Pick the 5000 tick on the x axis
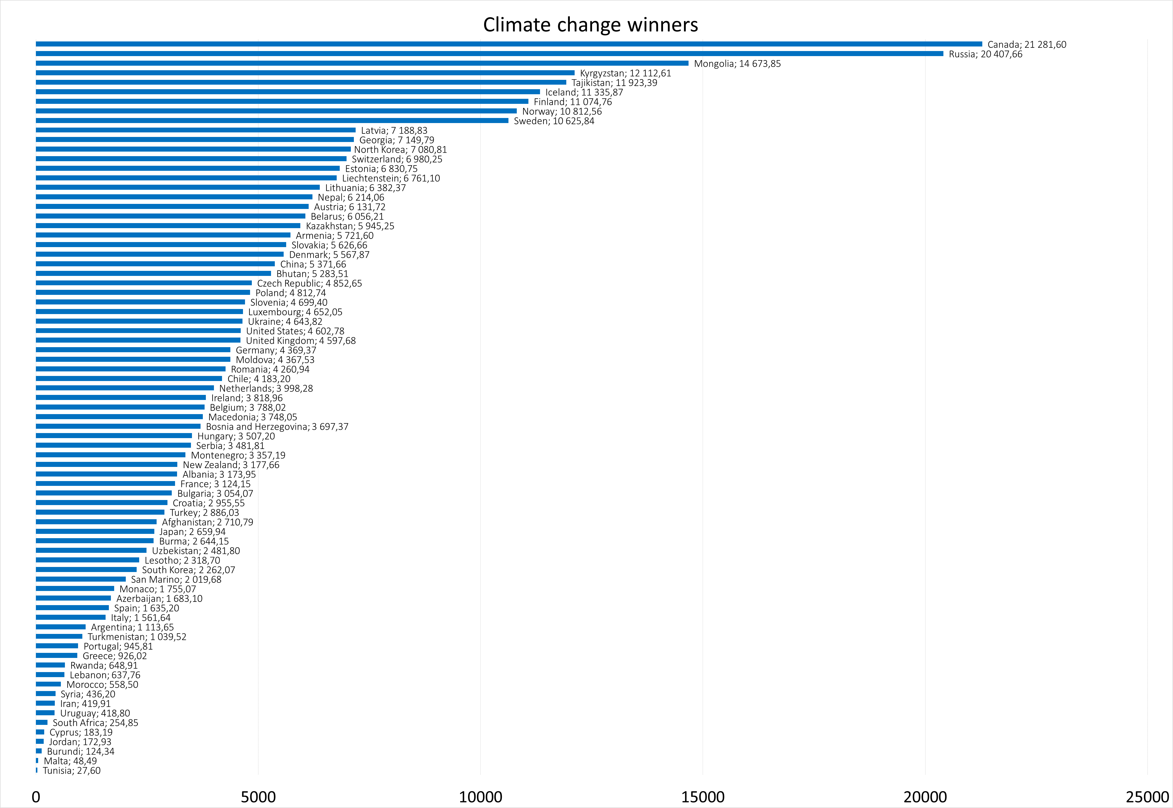pyautogui.click(x=258, y=796)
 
